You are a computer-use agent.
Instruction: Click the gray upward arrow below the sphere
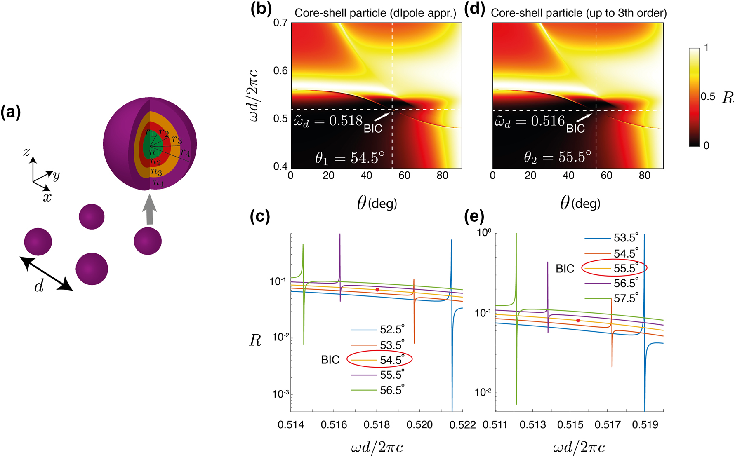(150, 211)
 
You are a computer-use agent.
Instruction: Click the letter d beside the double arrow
(39, 286)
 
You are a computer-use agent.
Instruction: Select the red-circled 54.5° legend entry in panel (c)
(379, 359)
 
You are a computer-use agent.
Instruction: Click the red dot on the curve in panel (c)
(377, 290)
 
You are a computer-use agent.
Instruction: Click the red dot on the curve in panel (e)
(578, 320)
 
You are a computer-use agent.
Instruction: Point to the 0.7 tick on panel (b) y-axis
(280, 23)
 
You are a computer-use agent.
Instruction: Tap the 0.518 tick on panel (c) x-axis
(377, 425)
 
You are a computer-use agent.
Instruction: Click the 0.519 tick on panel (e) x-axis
(645, 425)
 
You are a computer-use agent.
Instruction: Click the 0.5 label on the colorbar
(708, 97)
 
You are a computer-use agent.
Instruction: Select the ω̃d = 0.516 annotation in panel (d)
(530, 121)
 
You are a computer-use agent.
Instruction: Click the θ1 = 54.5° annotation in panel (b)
(350, 158)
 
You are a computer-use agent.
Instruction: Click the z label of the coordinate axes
(27, 152)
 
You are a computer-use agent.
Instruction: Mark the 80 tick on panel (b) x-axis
(442, 176)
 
